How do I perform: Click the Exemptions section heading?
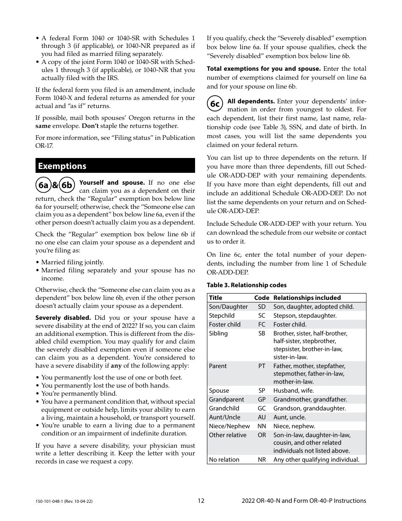pos(62,166)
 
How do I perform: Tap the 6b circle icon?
pos(66,185)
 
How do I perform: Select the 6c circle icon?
pos(215,104)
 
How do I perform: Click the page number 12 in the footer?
pos(201,501)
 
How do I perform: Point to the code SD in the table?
pos(262,307)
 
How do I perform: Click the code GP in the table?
pos(262,399)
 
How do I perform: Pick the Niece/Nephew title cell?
pos(229,426)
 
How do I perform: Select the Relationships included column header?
pos(307,298)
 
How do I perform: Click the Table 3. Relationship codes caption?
pos(246,285)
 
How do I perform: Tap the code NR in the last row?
pos(262,460)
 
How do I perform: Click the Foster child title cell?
pos(225,324)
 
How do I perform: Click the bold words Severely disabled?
pos(63,318)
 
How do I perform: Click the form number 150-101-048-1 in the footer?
pos(49,502)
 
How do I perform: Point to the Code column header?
pos(262,298)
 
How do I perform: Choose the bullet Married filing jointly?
pos(72,262)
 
